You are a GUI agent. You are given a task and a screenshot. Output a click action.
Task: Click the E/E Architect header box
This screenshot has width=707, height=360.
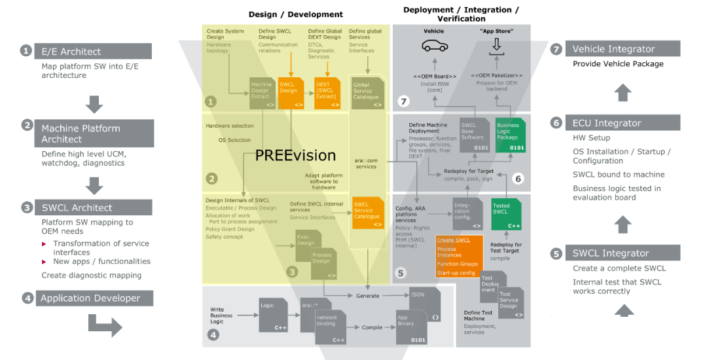pyautogui.click(x=92, y=51)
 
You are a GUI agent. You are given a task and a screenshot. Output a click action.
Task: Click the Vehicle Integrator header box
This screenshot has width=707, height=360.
pyautogui.click(x=622, y=49)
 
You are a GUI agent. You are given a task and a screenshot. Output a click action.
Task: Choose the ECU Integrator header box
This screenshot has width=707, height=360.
pyautogui.click(x=622, y=122)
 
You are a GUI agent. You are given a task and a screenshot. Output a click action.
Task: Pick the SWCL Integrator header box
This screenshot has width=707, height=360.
pyautogui.click(x=622, y=253)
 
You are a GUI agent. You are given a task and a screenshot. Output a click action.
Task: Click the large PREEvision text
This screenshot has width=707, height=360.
pyautogui.click(x=295, y=156)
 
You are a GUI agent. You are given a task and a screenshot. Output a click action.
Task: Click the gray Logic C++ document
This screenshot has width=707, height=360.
pyautogui.click(x=272, y=314)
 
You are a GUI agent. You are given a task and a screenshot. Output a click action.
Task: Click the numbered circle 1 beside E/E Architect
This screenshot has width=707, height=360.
pyautogui.click(x=26, y=51)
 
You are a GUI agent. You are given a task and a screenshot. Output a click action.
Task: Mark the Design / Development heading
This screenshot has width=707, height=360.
pyautogui.click(x=296, y=14)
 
